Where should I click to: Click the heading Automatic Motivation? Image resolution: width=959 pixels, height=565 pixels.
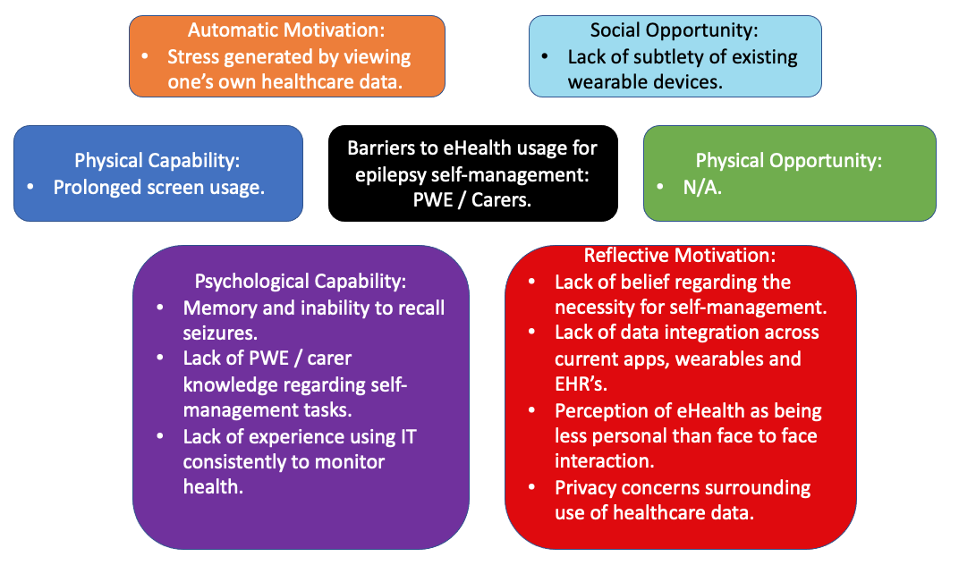click(287, 31)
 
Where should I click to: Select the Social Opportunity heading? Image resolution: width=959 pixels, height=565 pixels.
click(675, 31)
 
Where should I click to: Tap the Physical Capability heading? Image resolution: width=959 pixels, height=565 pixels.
click(157, 161)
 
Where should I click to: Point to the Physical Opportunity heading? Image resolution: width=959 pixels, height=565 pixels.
click(789, 161)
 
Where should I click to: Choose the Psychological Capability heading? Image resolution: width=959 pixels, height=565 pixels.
click(301, 281)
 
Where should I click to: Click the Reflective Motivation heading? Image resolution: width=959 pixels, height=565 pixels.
click(681, 256)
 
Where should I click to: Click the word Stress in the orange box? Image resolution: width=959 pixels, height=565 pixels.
click(191, 57)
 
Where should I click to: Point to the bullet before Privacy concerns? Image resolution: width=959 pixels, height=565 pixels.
click(533, 488)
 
